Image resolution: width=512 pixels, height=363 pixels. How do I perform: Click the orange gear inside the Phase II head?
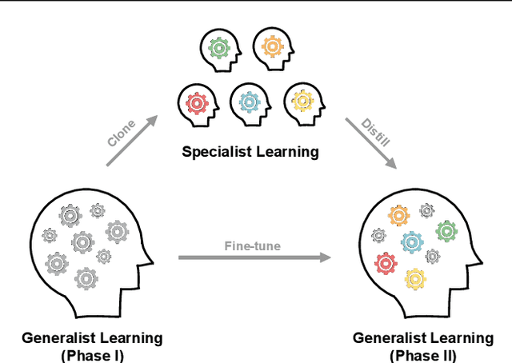point(398,216)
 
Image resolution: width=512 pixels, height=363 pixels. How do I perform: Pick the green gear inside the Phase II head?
point(446,233)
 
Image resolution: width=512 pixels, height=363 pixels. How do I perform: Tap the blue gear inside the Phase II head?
point(412,241)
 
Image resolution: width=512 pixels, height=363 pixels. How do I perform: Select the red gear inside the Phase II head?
point(386,261)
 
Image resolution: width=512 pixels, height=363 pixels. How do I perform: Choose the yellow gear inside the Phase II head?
point(414,277)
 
